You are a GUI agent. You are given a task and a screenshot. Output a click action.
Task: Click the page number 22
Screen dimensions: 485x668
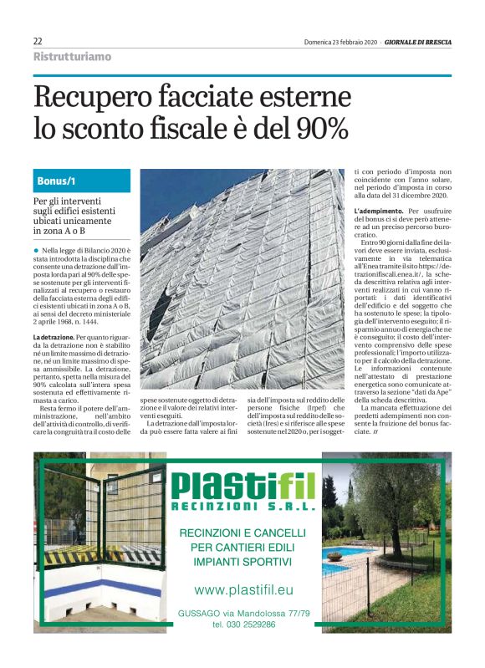(x=38, y=41)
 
